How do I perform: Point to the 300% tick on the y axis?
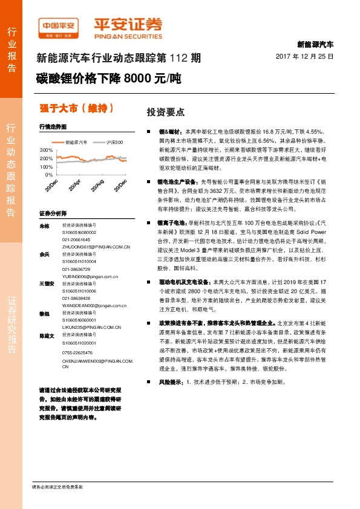(x=46, y=149)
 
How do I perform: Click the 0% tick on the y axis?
(x=48, y=175)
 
